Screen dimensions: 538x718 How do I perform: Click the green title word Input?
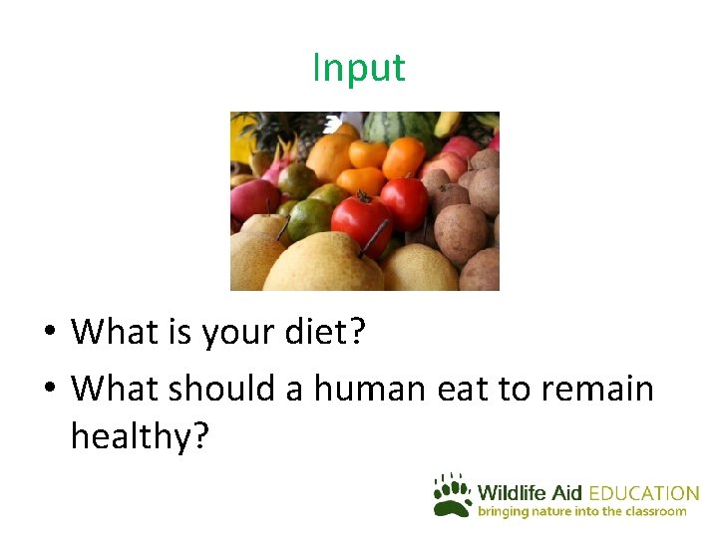(x=359, y=68)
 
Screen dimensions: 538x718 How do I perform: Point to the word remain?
(x=596, y=388)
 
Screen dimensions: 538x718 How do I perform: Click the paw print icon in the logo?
(x=452, y=495)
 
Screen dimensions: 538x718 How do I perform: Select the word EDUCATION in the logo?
(x=644, y=493)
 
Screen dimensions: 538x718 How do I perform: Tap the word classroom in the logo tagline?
(x=654, y=511)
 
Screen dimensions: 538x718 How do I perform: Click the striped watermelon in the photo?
(x=391, y=127)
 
